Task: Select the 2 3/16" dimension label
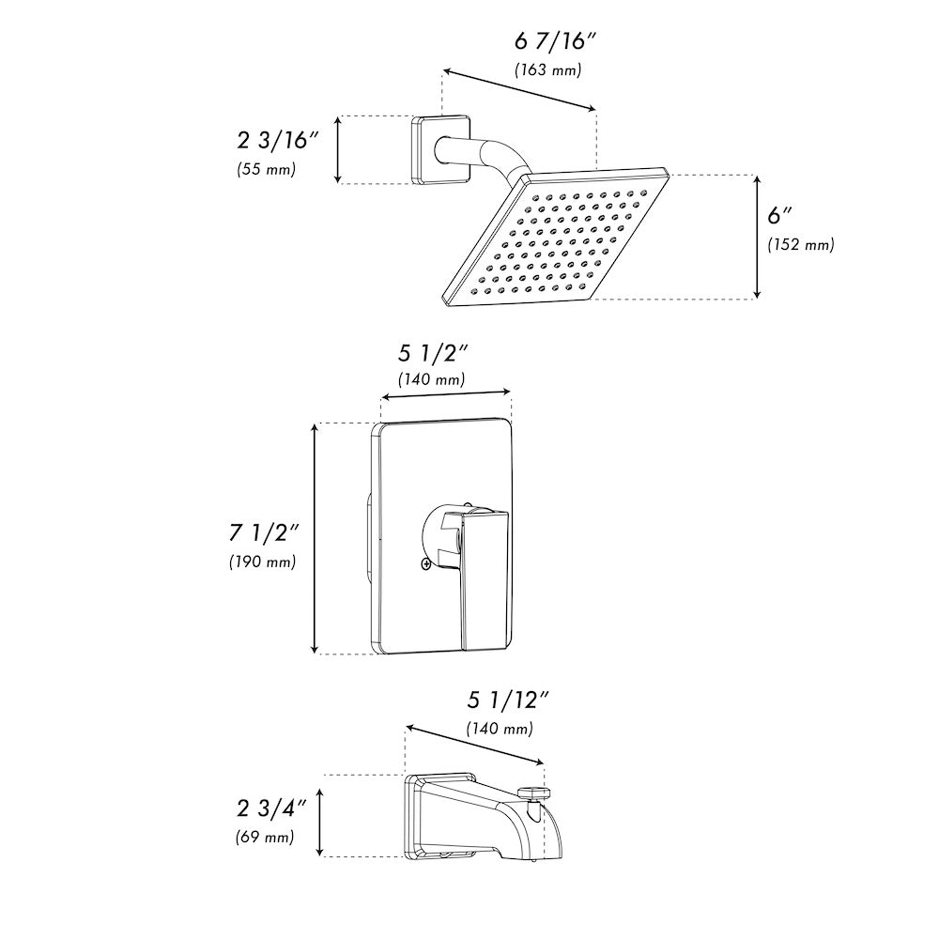coord(278,141)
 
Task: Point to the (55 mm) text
coord(267,170)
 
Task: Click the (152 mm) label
coord(800,244)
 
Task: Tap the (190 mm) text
coord(262,562)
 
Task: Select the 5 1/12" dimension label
coord(507,700)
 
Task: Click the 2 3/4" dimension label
coord(272,808)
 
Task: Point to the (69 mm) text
coord(264,837)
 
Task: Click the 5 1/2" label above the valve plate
coord(433,353)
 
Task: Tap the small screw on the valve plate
coord(426,563)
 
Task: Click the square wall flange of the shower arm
coord(425,148)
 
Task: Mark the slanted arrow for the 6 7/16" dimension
coord(519,90)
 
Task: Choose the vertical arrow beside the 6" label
coord(757,237)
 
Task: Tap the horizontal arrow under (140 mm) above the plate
coord(445,396)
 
